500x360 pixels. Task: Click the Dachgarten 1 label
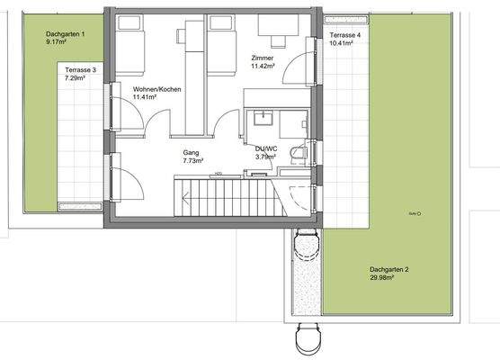(65, 33)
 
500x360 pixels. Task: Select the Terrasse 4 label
(344, 34)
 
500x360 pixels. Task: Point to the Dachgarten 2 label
(389, 269)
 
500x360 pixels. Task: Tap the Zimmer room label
(262, 57)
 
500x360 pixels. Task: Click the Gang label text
(190, 152)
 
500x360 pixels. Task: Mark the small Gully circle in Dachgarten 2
(419, 213)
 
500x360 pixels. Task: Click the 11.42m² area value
(262, 66)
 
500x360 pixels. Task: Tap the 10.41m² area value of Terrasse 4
(344, 43)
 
